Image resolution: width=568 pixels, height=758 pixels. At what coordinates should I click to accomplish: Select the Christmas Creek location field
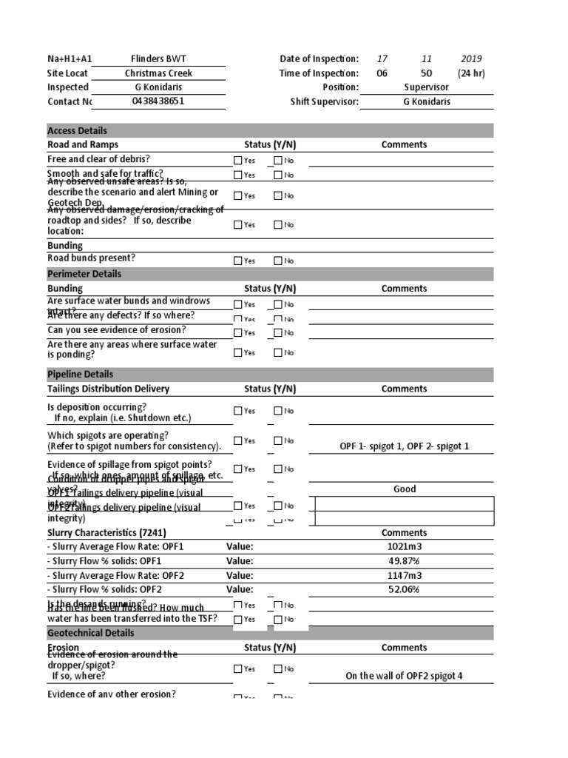pos(158,73)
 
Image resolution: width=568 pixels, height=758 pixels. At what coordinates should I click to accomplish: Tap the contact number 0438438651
pos(158,101)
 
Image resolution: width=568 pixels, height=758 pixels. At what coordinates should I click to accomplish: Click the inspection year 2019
pos(471,58)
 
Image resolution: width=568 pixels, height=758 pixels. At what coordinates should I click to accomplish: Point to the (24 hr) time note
pos(471,73)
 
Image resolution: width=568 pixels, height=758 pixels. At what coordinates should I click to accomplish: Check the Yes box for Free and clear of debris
pos(237,161)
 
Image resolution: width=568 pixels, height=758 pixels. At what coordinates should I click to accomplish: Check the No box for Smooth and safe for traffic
pos(278,175)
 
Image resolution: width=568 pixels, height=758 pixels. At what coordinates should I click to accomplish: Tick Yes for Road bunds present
pos(237,261)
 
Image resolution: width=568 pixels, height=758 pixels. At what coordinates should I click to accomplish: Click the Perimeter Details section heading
pos(84,274)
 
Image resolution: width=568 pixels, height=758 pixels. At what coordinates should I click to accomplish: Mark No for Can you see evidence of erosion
pos(278,333)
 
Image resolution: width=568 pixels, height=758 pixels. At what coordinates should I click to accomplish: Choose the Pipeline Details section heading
pos(81,375)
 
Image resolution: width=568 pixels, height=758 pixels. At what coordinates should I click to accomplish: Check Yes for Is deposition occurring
pos(237,411)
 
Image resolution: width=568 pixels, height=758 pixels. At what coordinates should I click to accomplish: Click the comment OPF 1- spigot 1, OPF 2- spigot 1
pos(404,446)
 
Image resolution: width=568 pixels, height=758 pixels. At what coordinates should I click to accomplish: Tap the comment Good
pos(405,489)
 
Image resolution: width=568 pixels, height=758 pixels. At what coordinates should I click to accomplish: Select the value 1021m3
pos(405,546)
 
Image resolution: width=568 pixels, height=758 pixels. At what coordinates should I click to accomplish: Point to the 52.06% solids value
pos(405,589)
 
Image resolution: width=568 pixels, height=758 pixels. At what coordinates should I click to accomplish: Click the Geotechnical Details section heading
pos(91,633)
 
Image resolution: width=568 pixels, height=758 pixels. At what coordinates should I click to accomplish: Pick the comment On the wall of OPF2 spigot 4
pos(404,676)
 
